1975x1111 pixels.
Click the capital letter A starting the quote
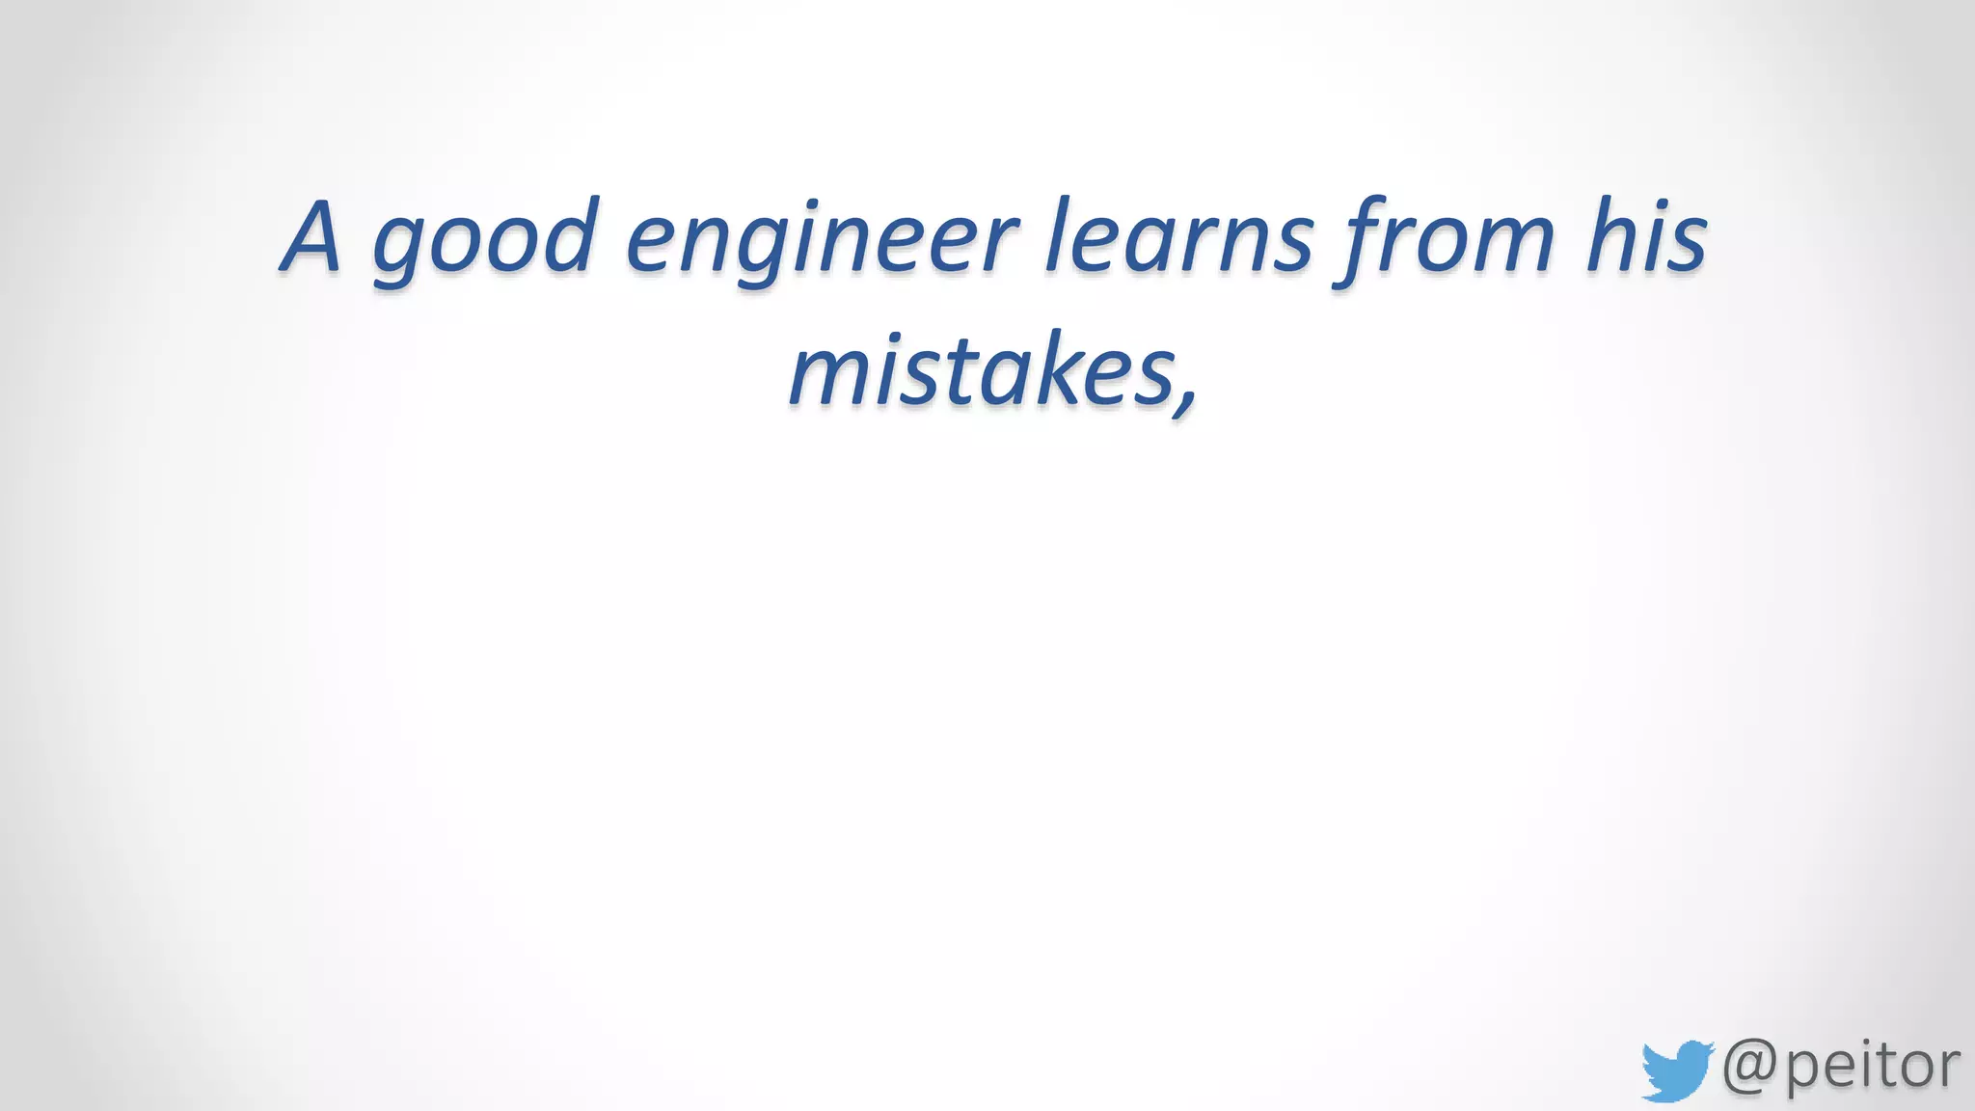point(311,237)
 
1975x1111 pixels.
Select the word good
point(485,241)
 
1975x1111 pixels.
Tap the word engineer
point(822,241)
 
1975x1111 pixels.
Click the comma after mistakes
point(1185,397)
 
